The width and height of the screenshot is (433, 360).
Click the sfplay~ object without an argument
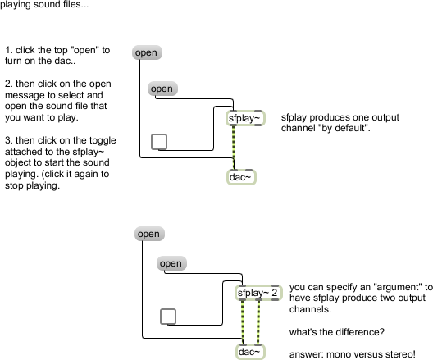coord(245,118)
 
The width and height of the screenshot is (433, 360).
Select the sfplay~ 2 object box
coord(258,293)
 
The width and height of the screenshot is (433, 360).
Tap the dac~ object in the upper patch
coord(241,177)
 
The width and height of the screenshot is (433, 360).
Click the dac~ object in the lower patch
coord(250,352)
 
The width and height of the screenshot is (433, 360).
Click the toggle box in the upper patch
coord(159,142)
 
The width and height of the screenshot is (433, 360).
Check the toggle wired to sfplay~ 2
coord(168,317)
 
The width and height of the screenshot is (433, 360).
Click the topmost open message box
coord(147,52)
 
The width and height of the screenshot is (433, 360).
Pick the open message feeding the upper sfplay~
coord(162,89)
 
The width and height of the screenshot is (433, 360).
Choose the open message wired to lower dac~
coord(149,234)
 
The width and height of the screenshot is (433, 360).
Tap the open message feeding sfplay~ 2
coord(171,263)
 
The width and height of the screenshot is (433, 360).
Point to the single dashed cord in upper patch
coord(234,148)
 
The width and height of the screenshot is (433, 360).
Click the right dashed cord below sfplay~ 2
coord(258,322)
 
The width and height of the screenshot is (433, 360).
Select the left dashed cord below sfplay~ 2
coord(243,322)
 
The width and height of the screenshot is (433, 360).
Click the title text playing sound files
coord(44,4)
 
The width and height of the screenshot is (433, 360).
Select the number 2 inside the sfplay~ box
coord(274,293)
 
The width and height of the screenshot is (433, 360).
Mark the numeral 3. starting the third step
coord(8,140)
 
